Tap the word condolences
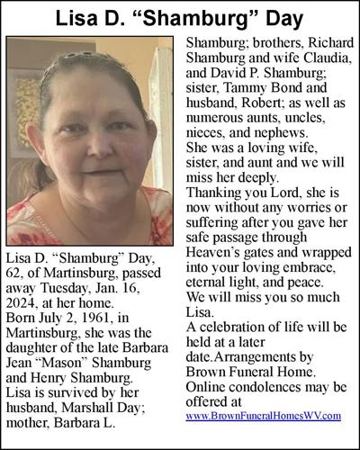click(x=257, y=380)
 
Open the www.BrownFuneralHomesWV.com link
click(x=264, y=415)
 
